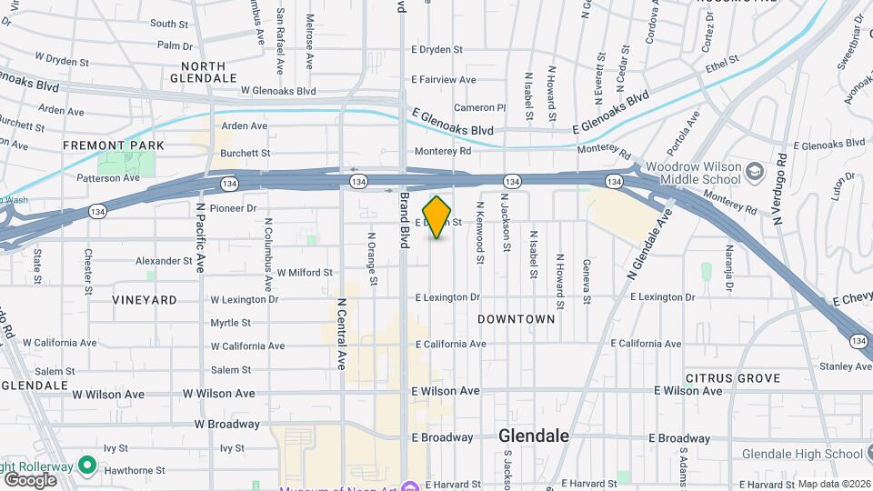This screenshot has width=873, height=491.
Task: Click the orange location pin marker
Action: [437, 217]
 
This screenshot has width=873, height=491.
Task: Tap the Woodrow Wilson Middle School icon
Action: [755, 171]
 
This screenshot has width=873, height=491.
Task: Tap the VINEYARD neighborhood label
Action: [145, 299]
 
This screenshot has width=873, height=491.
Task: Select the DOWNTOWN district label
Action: [516, 319]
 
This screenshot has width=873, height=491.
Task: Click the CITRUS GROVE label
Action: [733, 377]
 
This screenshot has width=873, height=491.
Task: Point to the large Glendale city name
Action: [534, 436]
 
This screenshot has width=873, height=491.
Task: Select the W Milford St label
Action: [305, 272]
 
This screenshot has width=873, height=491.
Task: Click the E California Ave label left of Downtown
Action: [451, 344]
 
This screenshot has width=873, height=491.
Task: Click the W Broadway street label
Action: [226, 424]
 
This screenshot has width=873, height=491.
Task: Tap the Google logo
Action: [30, 479]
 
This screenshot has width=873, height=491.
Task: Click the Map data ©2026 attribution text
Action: [833, 484]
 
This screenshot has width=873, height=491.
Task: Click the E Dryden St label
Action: [436, 50]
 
